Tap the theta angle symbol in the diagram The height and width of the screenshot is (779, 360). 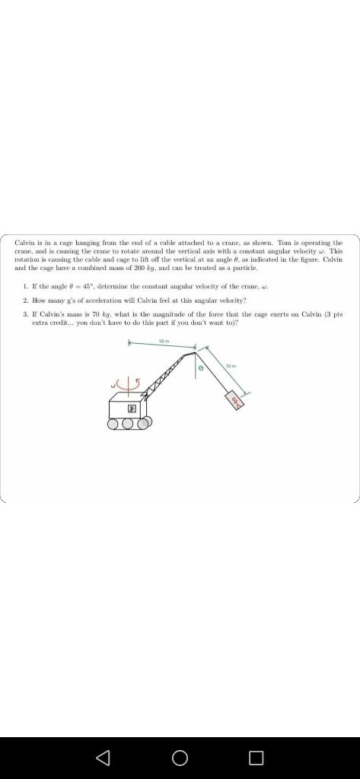pyautogui.click(x=201, y=367)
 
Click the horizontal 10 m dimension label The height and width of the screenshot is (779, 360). pyautogui.click(x=163, y=342)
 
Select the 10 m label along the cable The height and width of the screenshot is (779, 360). pyautogui.click(x=231, y=367)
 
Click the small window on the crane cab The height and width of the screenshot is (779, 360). pyautogui.click(x=130, y=409)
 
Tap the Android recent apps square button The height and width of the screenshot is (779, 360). pyautogui.click(x=256, y=758)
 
